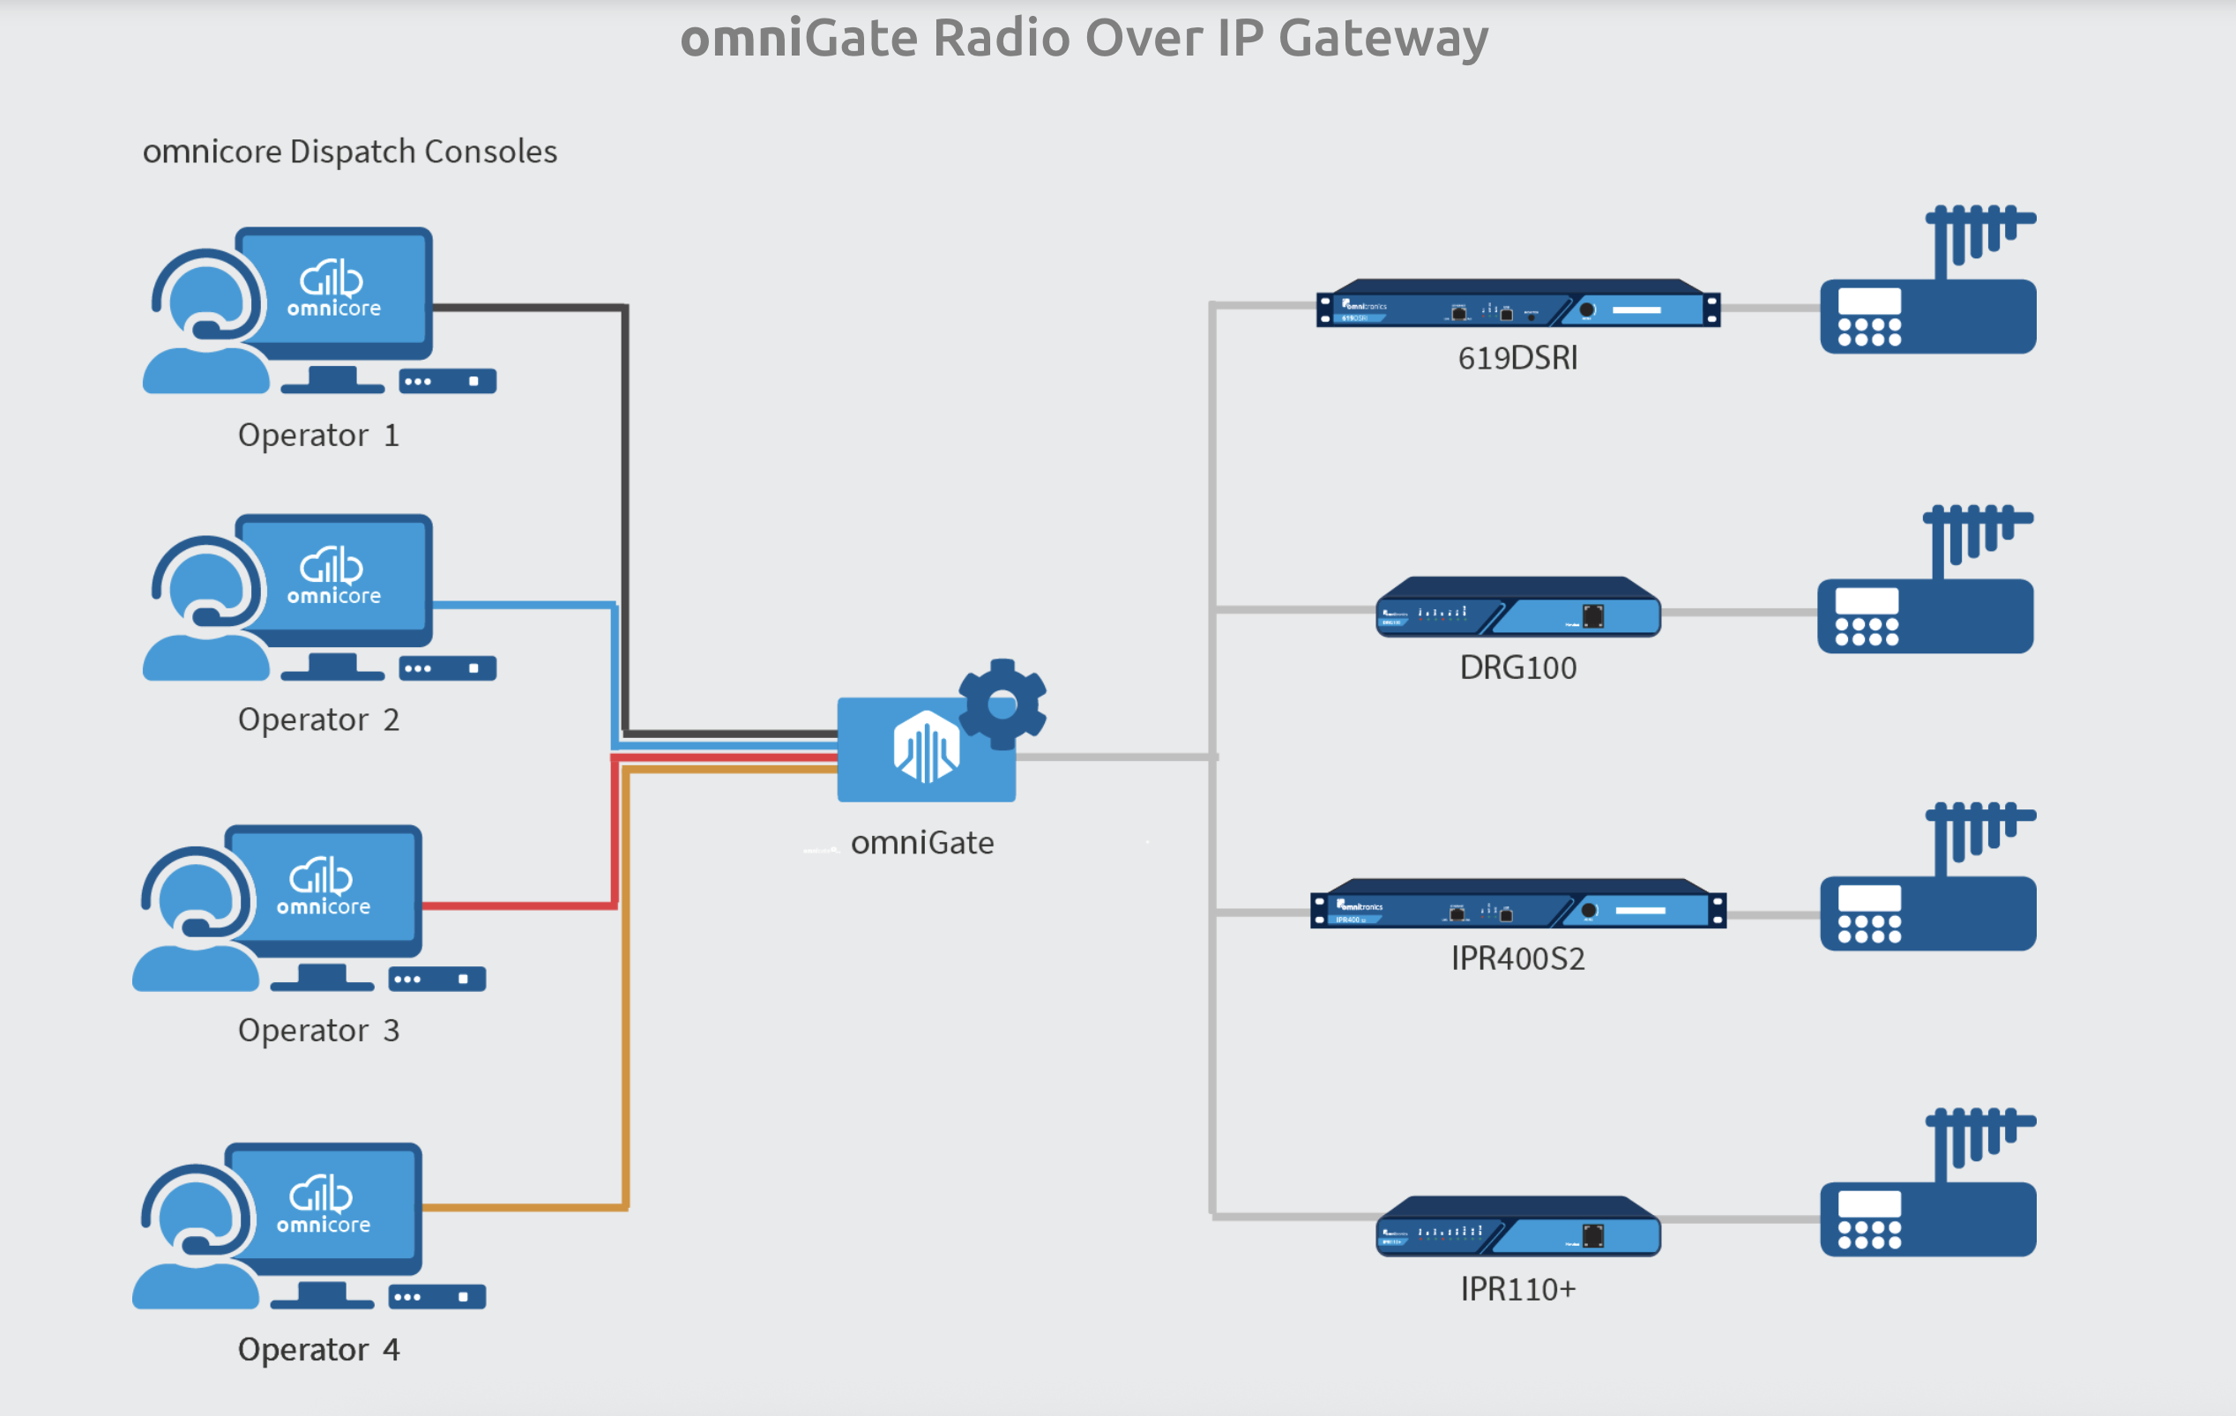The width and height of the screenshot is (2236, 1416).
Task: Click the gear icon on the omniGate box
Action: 1002,704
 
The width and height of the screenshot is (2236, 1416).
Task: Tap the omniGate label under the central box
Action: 922,842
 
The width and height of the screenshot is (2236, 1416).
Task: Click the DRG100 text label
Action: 1517,667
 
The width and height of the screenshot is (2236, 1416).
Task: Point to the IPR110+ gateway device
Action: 1517,1227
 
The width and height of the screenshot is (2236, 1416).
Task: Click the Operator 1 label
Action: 318,435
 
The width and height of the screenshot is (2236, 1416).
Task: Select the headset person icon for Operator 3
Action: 195,920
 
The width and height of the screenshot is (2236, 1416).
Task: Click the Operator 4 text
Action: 318,1349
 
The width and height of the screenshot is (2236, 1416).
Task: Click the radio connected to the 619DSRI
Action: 1927,316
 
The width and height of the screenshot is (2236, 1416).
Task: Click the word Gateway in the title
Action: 1383,39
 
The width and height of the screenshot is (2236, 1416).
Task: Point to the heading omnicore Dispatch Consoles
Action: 349,152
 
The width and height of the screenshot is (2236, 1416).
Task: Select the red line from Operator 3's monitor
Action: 520,905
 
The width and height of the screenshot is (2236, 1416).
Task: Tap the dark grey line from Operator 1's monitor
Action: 529,307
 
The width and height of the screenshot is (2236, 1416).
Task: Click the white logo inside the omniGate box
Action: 925,749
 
